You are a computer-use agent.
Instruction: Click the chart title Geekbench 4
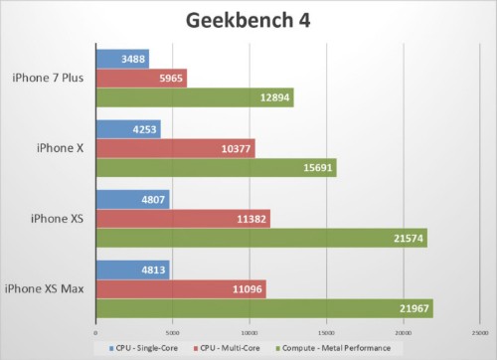coord(248,21)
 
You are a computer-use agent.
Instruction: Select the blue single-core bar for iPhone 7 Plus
coord(122,58)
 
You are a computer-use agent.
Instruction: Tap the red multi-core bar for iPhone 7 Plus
coord(141,78)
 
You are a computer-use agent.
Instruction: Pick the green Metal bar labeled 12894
coord(194,97)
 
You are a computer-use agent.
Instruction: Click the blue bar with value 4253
coord(128,128)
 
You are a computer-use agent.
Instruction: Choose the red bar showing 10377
coord(175,148)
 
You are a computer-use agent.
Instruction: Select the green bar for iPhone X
coord(216,168)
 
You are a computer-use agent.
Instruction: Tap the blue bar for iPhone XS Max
coord(132,269)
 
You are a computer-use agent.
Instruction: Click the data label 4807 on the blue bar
coord(152,199)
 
